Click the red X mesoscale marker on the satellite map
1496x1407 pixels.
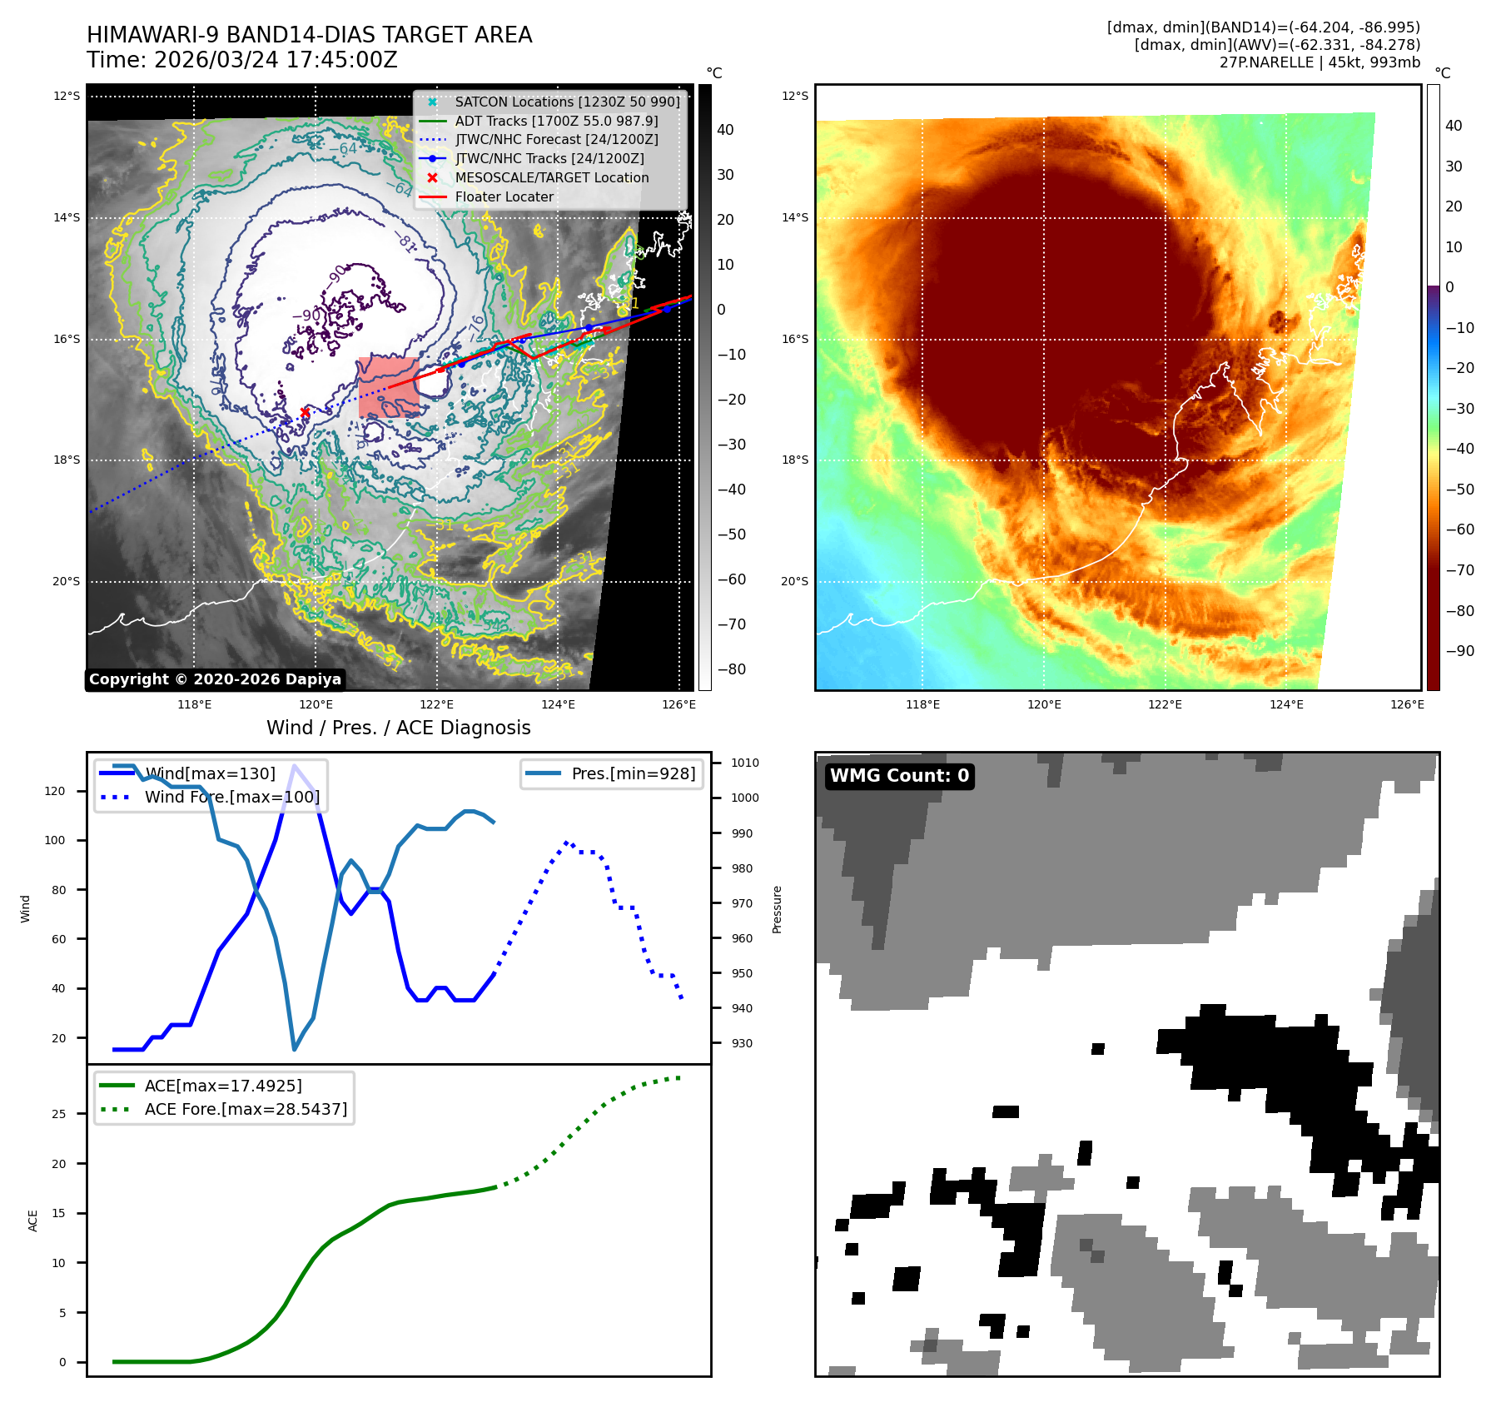(x=305, y=412)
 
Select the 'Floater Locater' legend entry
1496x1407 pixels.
(x=504, y=197)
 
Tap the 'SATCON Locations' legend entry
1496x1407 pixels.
(x=567, y=102)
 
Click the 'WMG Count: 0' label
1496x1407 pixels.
(x=899, y=776)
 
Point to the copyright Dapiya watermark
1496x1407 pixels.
(x=215, y=679)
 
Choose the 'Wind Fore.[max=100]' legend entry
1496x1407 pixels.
(x=231, y=797)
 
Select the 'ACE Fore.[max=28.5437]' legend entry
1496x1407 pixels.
(x=246, y=1109)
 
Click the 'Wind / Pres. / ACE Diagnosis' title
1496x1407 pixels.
(x=398, y=728)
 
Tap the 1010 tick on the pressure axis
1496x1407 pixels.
(x=745, y=763)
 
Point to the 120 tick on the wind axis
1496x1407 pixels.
(x=55, y=791)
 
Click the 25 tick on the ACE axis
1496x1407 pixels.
(x=59, y=1114)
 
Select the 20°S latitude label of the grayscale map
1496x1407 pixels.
(x=67, y=582)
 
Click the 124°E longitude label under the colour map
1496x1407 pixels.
(x=1286, y=705)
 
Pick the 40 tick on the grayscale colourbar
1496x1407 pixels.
(x=725, y=130)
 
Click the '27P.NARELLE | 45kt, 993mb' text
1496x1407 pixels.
(x=1320, y=62)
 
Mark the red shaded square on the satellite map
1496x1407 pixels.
(x=390, y=387)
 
